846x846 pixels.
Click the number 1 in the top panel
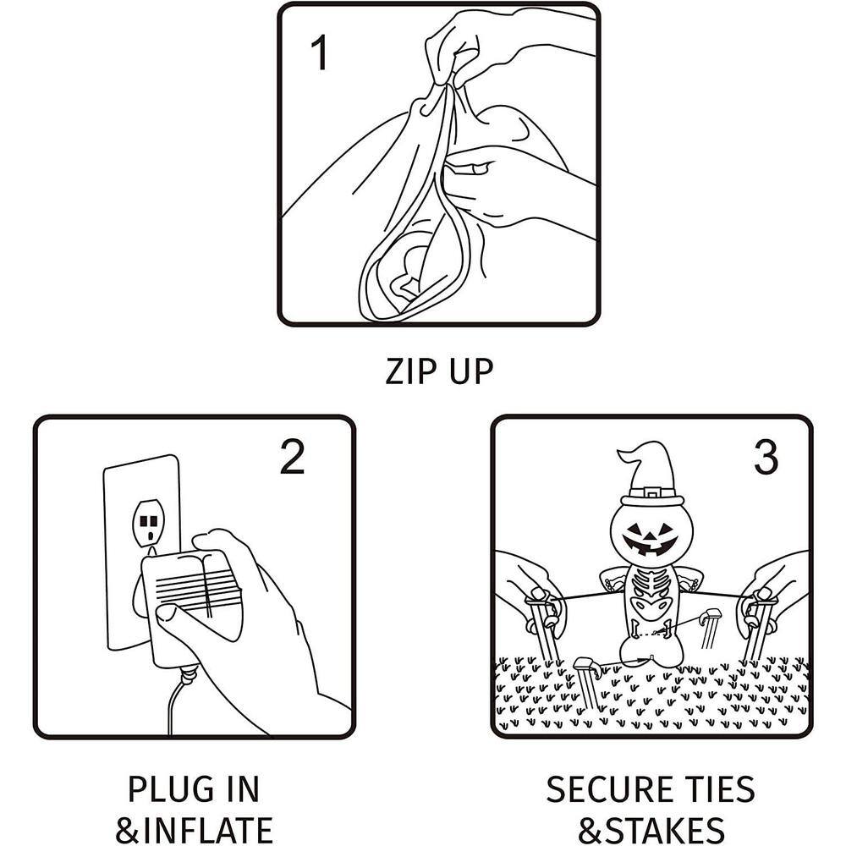click(320, 52)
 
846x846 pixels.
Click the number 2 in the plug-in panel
click(293, 457)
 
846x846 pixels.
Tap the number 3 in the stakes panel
click(766, 458)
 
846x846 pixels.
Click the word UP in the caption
click(471, 371)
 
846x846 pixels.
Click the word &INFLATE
click(195, 830)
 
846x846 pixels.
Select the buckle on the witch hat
click(652, 494)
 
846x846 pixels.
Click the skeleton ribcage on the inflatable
click(652, 585)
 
